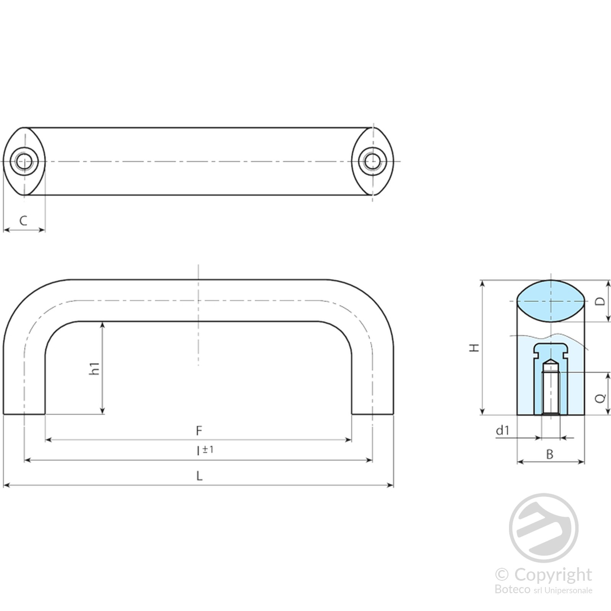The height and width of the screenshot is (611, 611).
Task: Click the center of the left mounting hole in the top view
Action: [x=24, y=161]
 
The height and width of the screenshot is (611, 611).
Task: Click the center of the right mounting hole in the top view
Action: [x=373, y=161]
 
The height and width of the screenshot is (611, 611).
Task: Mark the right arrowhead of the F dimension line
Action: [x=348, y=440]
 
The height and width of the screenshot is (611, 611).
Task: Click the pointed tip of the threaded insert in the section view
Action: [x=551, y=359]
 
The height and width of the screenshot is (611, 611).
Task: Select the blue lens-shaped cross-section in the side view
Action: [x=551, y=301]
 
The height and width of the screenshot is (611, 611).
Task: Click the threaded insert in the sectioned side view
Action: [x=551, y=388]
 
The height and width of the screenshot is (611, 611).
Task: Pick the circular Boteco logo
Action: [x=543, y=528]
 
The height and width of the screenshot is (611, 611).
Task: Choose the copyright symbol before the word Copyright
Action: [x=502, y=574]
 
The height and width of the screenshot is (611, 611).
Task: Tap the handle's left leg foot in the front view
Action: [x=24, y=409]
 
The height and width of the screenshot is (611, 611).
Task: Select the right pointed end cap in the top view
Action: [x=373, y=161]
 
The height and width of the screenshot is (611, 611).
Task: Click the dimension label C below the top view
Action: [x=24, y=221]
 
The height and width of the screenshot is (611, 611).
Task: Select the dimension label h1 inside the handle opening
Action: [x=94, y=369]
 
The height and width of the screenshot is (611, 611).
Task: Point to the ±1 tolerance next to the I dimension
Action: [x=208, y=449]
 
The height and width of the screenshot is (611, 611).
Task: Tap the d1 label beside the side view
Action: [x=503, y=430]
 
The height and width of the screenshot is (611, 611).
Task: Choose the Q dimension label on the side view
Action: [x=601, y=398]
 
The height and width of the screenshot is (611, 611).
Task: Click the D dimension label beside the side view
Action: [x=601, y=301]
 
